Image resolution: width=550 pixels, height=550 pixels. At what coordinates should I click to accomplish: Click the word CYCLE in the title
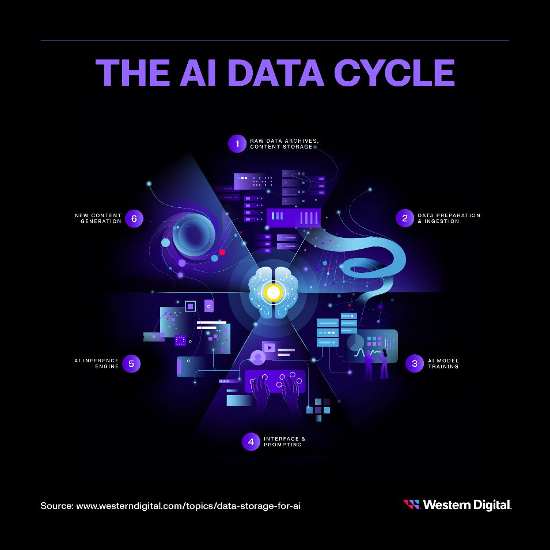tap(395, 73)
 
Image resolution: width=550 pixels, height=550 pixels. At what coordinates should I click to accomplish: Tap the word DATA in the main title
tap(276, 73)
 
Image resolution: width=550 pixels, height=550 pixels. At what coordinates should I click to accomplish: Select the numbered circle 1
tap(237, 144)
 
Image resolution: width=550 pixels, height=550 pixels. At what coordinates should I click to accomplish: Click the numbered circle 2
tap(405, 218)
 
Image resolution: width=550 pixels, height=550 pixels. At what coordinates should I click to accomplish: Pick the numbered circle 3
tap(415, 363)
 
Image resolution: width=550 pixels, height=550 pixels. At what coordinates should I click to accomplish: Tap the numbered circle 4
tap(251, 442)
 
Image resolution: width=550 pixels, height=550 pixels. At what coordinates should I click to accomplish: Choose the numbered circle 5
tap(131, 364)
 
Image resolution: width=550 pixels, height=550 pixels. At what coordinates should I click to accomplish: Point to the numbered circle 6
tap(134, 218)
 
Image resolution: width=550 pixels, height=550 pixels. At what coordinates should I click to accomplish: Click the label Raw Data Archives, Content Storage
tap(284, 144)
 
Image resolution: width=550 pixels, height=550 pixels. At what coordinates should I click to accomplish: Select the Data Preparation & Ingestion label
tap(449, 218)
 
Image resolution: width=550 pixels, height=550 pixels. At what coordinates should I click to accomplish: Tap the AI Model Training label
tap(443, 363)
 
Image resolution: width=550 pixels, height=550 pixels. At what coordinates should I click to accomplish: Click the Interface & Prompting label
tap(285, 442)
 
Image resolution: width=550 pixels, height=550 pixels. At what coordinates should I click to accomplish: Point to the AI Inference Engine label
tap(96, 363)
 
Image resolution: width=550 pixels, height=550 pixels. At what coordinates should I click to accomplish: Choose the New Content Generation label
tap(98, 218)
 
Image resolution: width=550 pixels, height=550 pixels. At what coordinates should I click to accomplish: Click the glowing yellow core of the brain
tap(273, 292)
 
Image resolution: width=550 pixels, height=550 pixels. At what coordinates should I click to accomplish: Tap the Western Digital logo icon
tap(412, 505)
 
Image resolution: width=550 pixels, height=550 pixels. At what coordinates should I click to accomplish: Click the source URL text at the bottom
tap(170, 506)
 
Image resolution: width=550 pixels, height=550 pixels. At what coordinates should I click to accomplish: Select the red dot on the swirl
tap(222, 252)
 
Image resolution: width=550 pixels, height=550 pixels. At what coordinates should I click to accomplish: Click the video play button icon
tap(270, 348)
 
